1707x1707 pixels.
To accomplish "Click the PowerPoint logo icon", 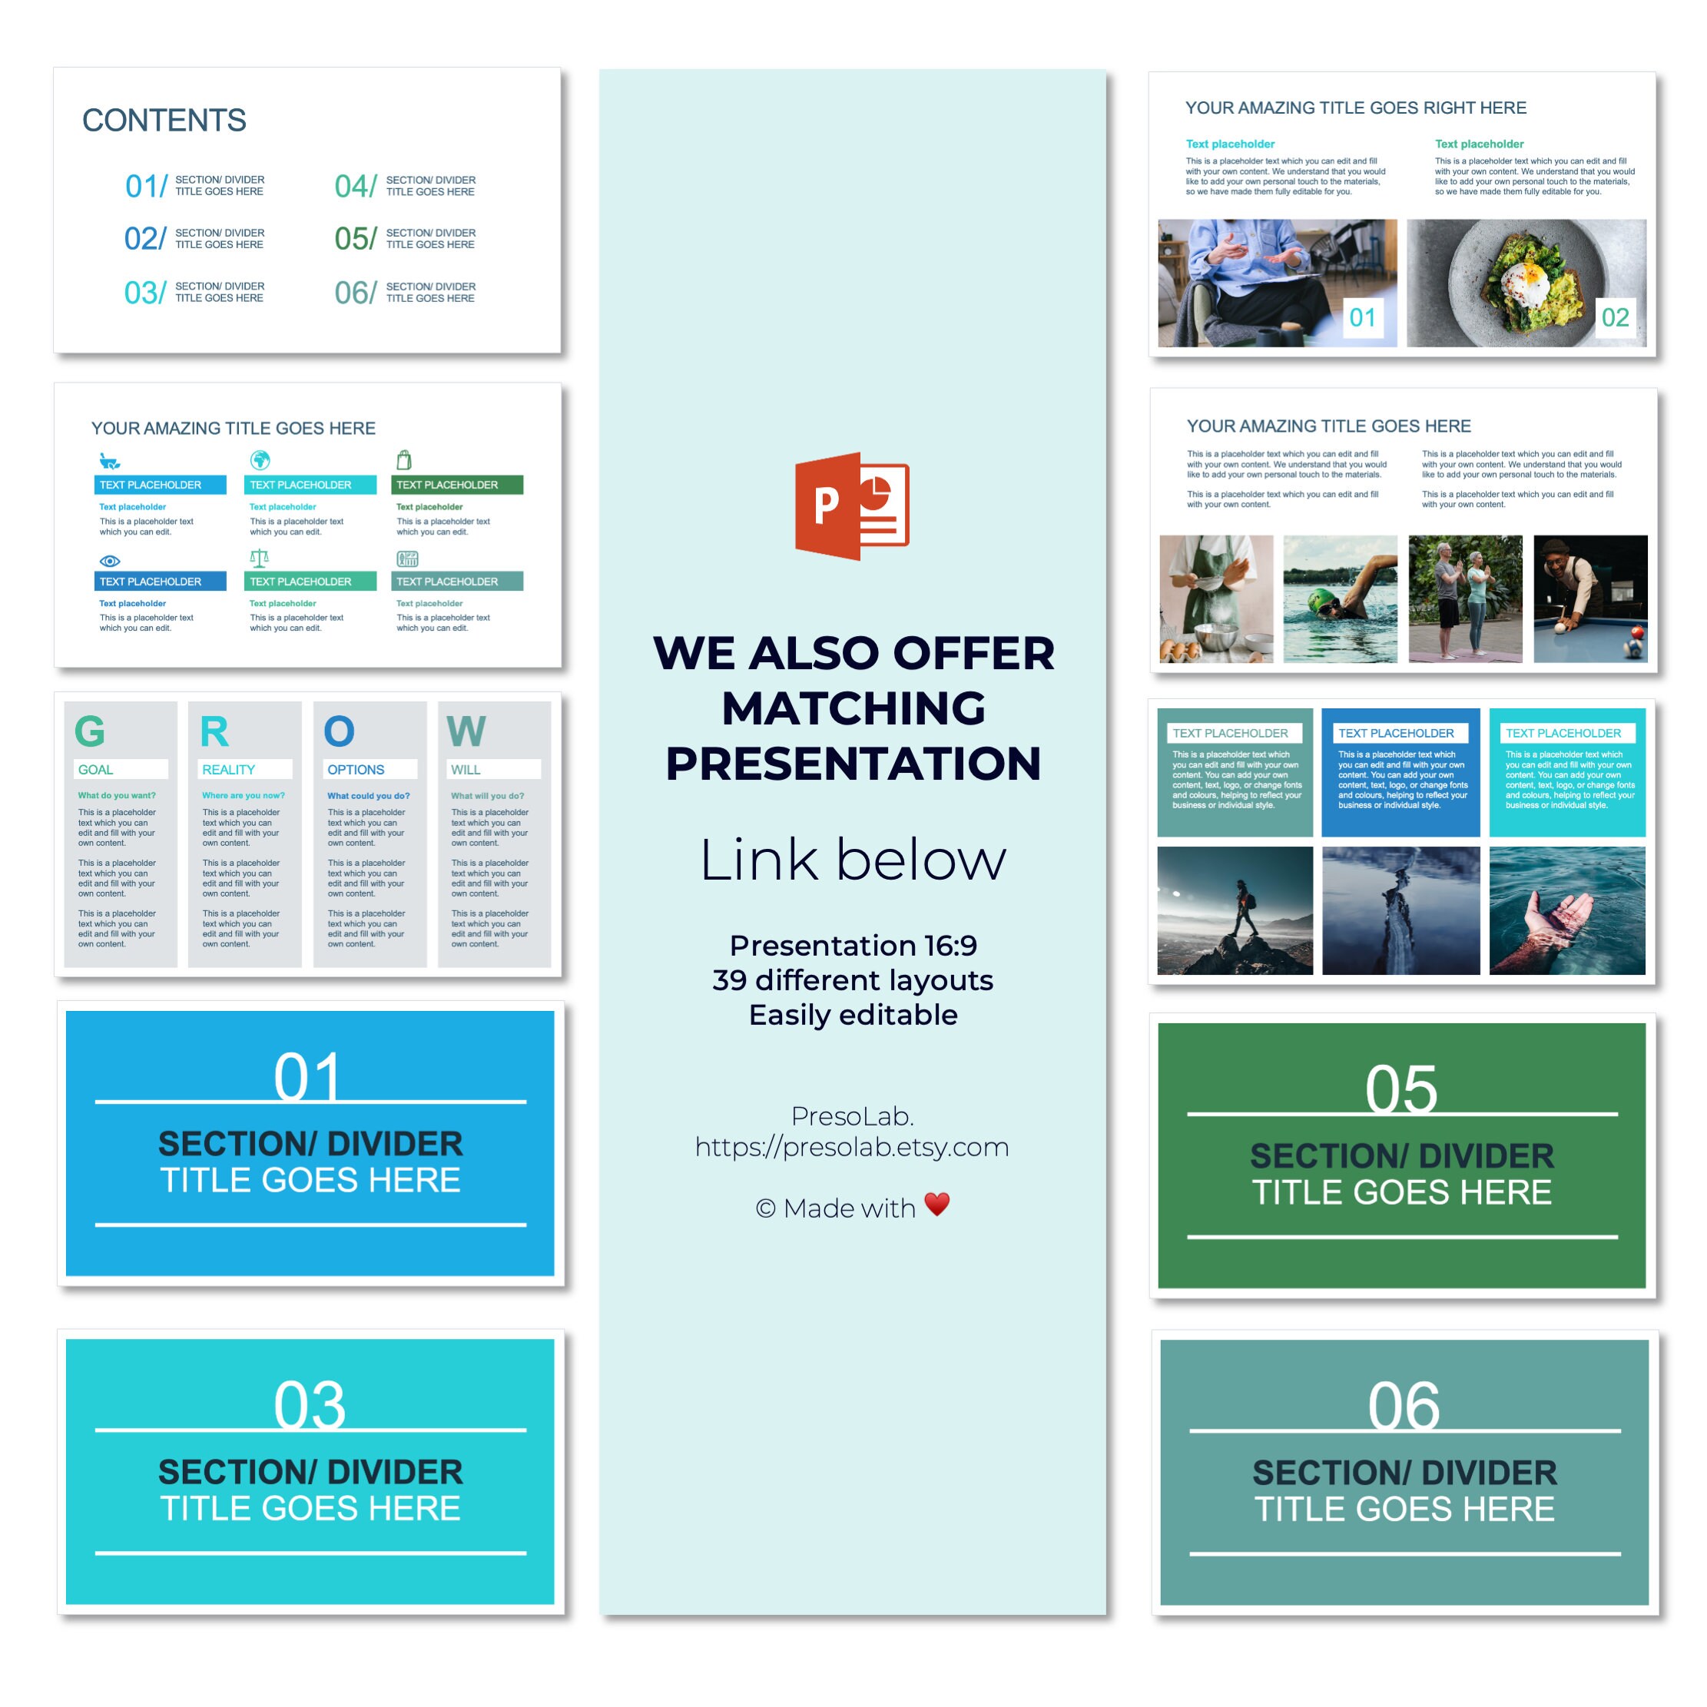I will click(x=852, y=506).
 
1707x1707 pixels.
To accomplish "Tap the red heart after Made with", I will click(x=936, y=1203).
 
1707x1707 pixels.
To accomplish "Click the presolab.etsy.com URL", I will click(x=852, y=1147).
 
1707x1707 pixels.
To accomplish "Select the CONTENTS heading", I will click(x=164, y=120).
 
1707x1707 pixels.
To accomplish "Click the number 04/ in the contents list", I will click(x=355, y=186).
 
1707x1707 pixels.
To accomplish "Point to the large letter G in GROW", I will click(x=90, y=731).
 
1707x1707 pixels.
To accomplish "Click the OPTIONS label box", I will click(x=370, y=770).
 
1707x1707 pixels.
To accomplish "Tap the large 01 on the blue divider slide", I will click(x=307, y=1076).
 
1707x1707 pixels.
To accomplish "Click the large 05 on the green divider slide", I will click(x=1401, y=1089).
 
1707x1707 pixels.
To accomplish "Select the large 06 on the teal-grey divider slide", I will click(x=1404, y=1406).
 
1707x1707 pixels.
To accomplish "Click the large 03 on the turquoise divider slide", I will click(x=310, y=1405).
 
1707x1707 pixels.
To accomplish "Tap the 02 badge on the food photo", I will click(x=1615, y=317).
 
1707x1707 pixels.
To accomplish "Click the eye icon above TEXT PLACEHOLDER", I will click(x=110, y=561).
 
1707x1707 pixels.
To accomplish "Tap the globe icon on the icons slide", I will click(x=260, y=460).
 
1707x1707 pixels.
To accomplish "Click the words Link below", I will click(x=853, y=860).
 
